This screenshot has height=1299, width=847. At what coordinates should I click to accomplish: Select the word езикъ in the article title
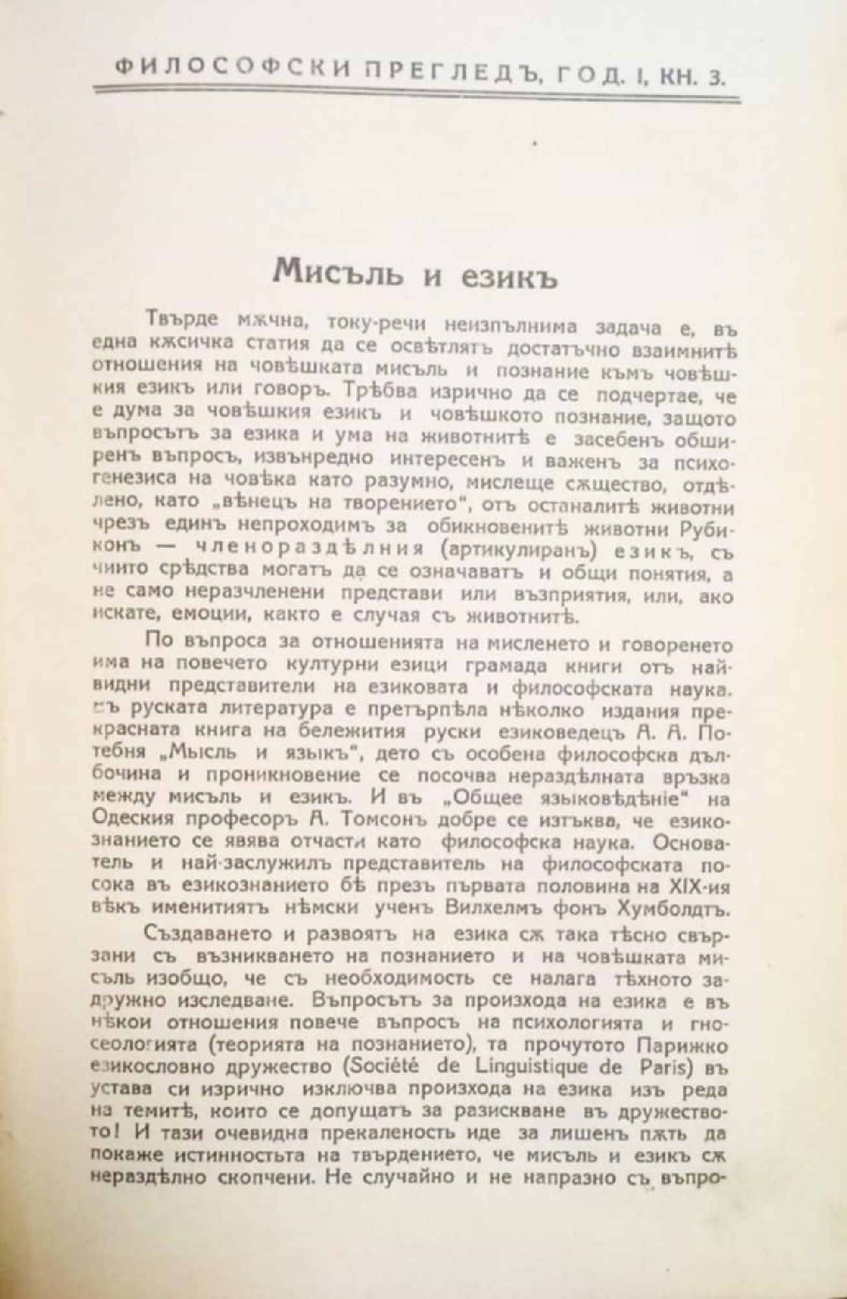tap(509, 271)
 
